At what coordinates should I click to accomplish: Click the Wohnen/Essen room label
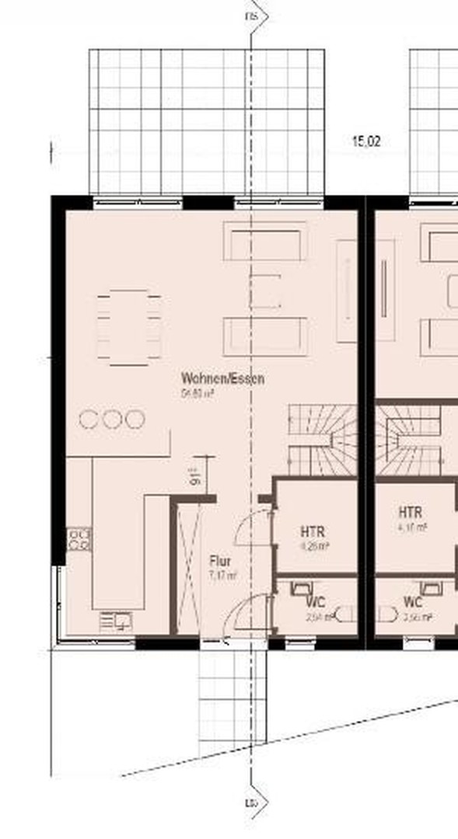[x=222, y=379]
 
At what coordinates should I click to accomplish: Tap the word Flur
[x=220, y=560]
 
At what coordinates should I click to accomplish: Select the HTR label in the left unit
[x=313, y=532]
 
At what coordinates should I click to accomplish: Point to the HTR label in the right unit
[x=411, y=513]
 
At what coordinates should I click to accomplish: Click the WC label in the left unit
[x=316, y=602]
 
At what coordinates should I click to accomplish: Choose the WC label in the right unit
[x=413, y=602]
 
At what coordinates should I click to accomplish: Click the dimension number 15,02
[x=366, y=141]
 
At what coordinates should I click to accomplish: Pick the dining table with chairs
[x=129, y=327]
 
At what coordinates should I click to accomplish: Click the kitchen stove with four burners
[x=79, y=539]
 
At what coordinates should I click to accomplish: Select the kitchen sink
[x=117, y=621]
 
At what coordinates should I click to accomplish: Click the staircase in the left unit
[x=322, y=440]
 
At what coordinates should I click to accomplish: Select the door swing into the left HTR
[x=250, y=528]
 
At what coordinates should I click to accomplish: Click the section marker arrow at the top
[x=257, y=16]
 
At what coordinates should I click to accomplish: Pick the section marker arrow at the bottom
[x=257, y=802]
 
